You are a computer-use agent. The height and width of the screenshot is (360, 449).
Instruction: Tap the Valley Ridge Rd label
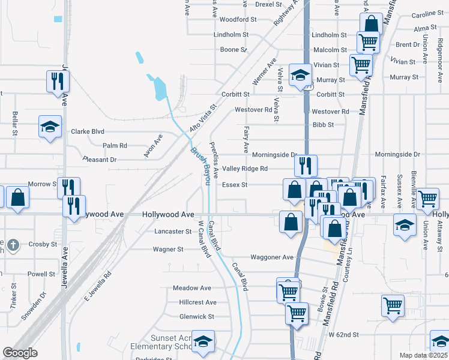[245, 169]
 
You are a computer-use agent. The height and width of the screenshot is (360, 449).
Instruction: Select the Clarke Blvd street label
[88, 131]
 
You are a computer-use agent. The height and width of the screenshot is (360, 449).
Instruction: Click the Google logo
[20, 353]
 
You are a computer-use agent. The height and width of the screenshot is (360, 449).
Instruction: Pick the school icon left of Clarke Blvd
[50, 126]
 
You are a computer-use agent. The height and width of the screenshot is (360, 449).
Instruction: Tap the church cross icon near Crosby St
[14, 244]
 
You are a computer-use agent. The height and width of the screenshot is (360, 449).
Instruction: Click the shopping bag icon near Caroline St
[372, 25]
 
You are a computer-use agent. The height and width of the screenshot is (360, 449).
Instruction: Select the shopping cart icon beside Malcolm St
[367, 42]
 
